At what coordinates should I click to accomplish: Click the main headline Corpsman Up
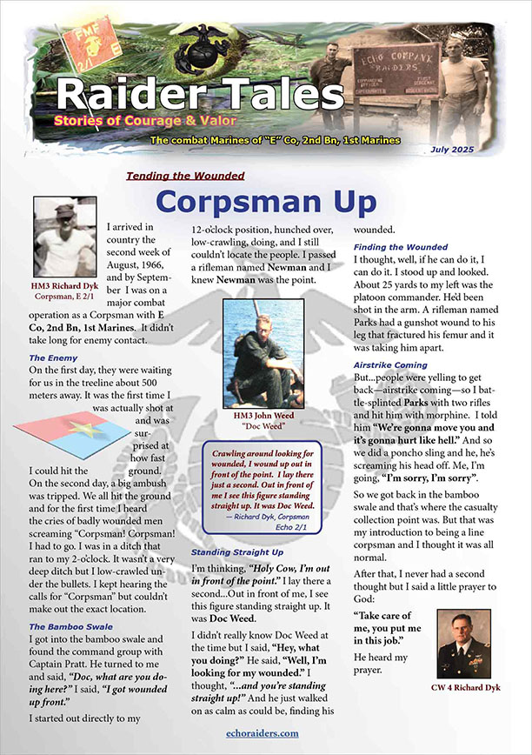(266, 201)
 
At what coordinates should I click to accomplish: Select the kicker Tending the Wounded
(185, 176)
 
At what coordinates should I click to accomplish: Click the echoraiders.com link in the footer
(266, 733)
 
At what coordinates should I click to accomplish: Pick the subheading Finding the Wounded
(400, 247)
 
